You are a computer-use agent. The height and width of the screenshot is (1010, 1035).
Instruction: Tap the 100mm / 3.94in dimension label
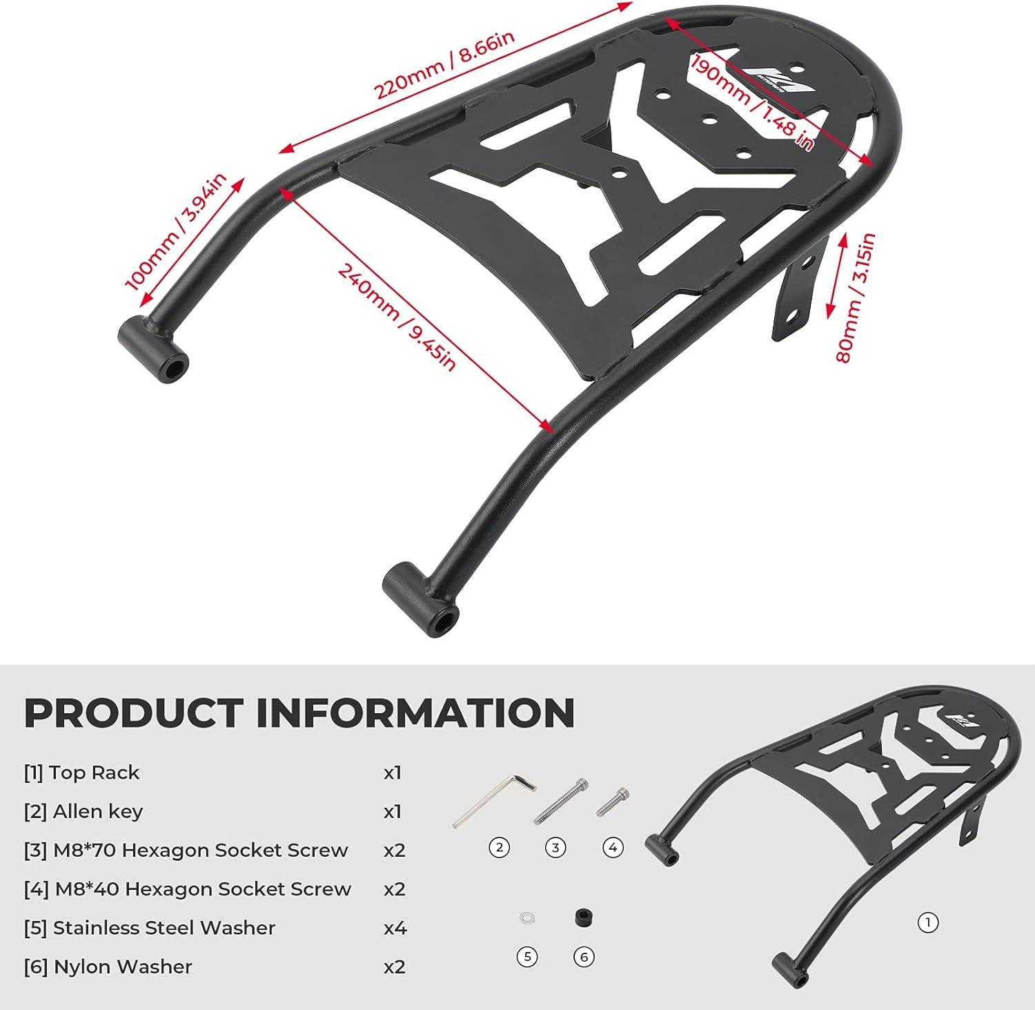point(175,231)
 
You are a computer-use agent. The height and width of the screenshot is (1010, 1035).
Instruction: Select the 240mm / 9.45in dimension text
point(396,318)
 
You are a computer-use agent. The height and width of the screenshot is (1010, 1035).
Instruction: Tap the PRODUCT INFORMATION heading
point(299,713)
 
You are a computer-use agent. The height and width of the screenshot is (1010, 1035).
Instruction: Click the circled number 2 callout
point(499,847)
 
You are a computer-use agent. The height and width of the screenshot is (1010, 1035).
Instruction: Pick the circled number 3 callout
point(555,847)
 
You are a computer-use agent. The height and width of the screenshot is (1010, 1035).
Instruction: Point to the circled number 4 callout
point(613,847)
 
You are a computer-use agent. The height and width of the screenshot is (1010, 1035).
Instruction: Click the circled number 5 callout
point(527,957)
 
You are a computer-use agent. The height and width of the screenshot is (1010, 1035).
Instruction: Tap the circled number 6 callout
point(584,957)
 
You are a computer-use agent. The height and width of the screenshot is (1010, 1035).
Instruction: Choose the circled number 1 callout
point(928,922)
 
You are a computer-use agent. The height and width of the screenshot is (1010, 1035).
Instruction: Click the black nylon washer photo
point(584,918)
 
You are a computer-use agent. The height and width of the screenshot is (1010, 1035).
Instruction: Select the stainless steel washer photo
point(527,919)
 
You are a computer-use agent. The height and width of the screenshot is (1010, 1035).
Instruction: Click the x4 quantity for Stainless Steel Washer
point(395,928)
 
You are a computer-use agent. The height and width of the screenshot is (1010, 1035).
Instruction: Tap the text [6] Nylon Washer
point(108,967)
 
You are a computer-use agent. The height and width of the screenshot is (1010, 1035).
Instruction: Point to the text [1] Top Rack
point(81,773)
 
